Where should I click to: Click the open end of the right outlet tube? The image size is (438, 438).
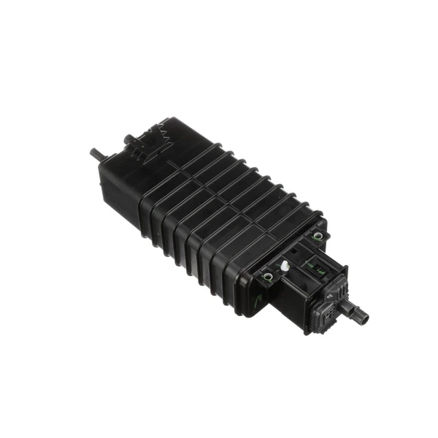tap(364, 319)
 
